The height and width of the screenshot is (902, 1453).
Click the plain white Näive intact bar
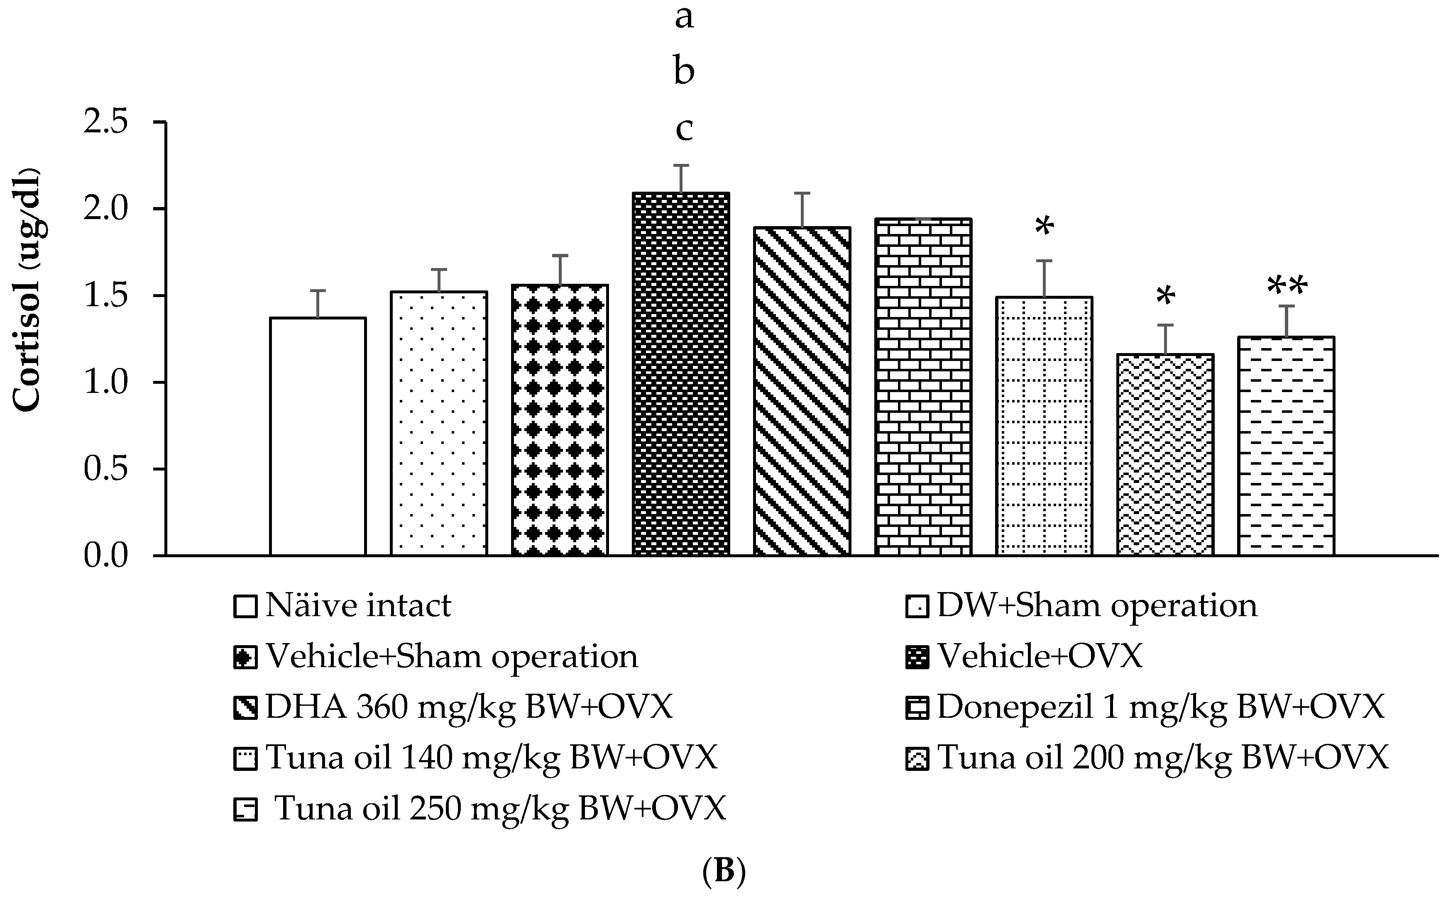318,436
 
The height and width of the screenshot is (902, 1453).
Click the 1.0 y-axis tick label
106,383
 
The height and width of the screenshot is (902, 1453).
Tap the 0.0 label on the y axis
106,556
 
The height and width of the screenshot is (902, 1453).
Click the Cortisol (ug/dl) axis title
27,290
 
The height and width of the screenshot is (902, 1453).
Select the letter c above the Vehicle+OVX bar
684,128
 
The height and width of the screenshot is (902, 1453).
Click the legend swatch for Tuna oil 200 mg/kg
917,759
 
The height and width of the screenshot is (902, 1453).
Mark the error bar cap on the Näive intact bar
318,290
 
